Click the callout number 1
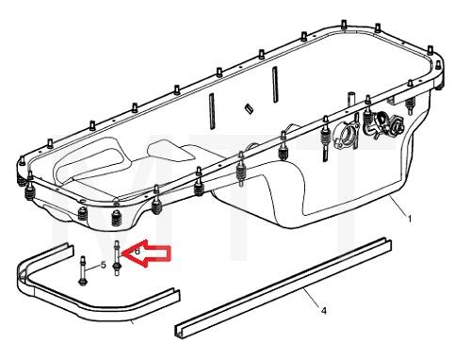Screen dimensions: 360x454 (409, 218)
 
